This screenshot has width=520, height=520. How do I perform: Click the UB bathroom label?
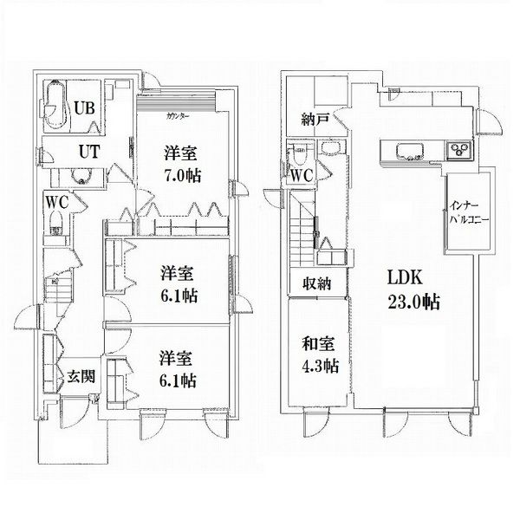click(84, 108)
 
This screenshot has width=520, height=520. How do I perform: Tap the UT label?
click(89, 152)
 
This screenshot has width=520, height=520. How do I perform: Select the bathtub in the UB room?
click(55, 105)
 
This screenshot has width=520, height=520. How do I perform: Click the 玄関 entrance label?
click(81, 377)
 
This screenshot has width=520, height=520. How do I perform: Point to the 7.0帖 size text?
click(183, 175)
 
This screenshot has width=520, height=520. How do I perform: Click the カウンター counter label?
click(178, 116)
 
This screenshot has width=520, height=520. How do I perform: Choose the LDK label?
click(405, 277)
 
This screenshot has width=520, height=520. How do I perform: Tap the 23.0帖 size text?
click(414, 302)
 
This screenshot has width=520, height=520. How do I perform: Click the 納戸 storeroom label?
click(315, 120)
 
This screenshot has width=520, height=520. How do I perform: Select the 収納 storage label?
click(316, 284)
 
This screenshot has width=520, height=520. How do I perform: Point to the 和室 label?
click(318, 343)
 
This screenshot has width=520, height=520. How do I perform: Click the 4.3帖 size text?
click(320, 366)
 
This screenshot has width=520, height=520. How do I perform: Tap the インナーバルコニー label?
click(469, 213)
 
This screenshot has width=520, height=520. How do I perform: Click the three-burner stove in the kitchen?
click(459, 150)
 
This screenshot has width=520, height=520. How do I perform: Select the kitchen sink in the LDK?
click(411, 151)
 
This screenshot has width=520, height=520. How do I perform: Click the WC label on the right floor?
click(302, 175)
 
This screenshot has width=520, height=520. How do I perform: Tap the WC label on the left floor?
click(56, 202)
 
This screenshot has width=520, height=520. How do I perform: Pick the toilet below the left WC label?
click(56, 223)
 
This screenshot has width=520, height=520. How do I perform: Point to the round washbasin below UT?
click(81, 176)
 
